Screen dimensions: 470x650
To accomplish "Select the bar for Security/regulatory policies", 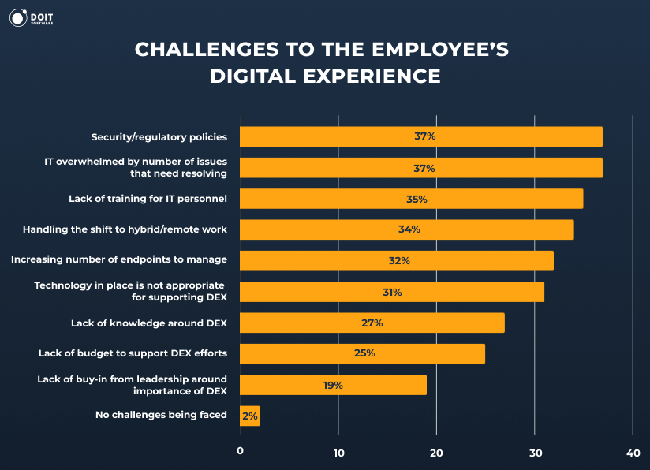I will pos(420,136).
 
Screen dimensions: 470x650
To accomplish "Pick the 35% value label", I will pos(417,199).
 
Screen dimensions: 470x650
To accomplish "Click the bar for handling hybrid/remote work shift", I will pos(406,229).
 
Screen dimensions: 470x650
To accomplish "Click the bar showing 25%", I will pos(362,353).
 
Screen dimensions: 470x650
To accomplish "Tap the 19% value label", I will pos(332,385).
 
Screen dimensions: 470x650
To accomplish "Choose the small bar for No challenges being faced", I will pos(250,416).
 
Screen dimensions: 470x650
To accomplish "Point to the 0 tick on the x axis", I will pos(240,452).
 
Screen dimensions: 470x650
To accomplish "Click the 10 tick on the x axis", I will pos(338,452).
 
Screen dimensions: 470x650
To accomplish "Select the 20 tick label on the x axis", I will pos(436,452).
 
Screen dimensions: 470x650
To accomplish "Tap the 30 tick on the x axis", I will pos(535,452).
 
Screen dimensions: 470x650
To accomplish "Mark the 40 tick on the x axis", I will pos(633,452).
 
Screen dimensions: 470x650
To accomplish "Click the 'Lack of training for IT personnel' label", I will pos(148,199).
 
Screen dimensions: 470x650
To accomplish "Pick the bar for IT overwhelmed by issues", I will pos(420,168).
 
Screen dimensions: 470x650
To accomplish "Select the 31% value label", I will pos(392,292).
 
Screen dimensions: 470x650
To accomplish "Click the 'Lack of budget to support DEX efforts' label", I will pos(133,353).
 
